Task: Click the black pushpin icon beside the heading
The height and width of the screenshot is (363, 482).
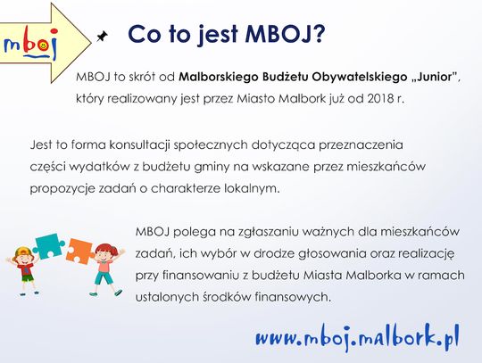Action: click(103, 36)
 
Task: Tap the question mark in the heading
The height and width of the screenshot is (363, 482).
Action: click(316, 33)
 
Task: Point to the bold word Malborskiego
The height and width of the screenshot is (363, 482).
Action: click(219, 77)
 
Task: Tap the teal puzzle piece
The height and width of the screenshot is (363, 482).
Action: click(49, 246)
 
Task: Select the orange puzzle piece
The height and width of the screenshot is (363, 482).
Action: click(80, 251)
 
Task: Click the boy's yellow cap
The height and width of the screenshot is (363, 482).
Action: click(24, 251)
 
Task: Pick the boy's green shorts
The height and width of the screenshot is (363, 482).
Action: click(27, 278)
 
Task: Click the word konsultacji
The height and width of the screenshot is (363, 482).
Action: click(140, 144)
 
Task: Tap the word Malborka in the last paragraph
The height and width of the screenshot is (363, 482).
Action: click(373, 276)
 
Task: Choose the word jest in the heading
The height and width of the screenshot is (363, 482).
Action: click(217, 35)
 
